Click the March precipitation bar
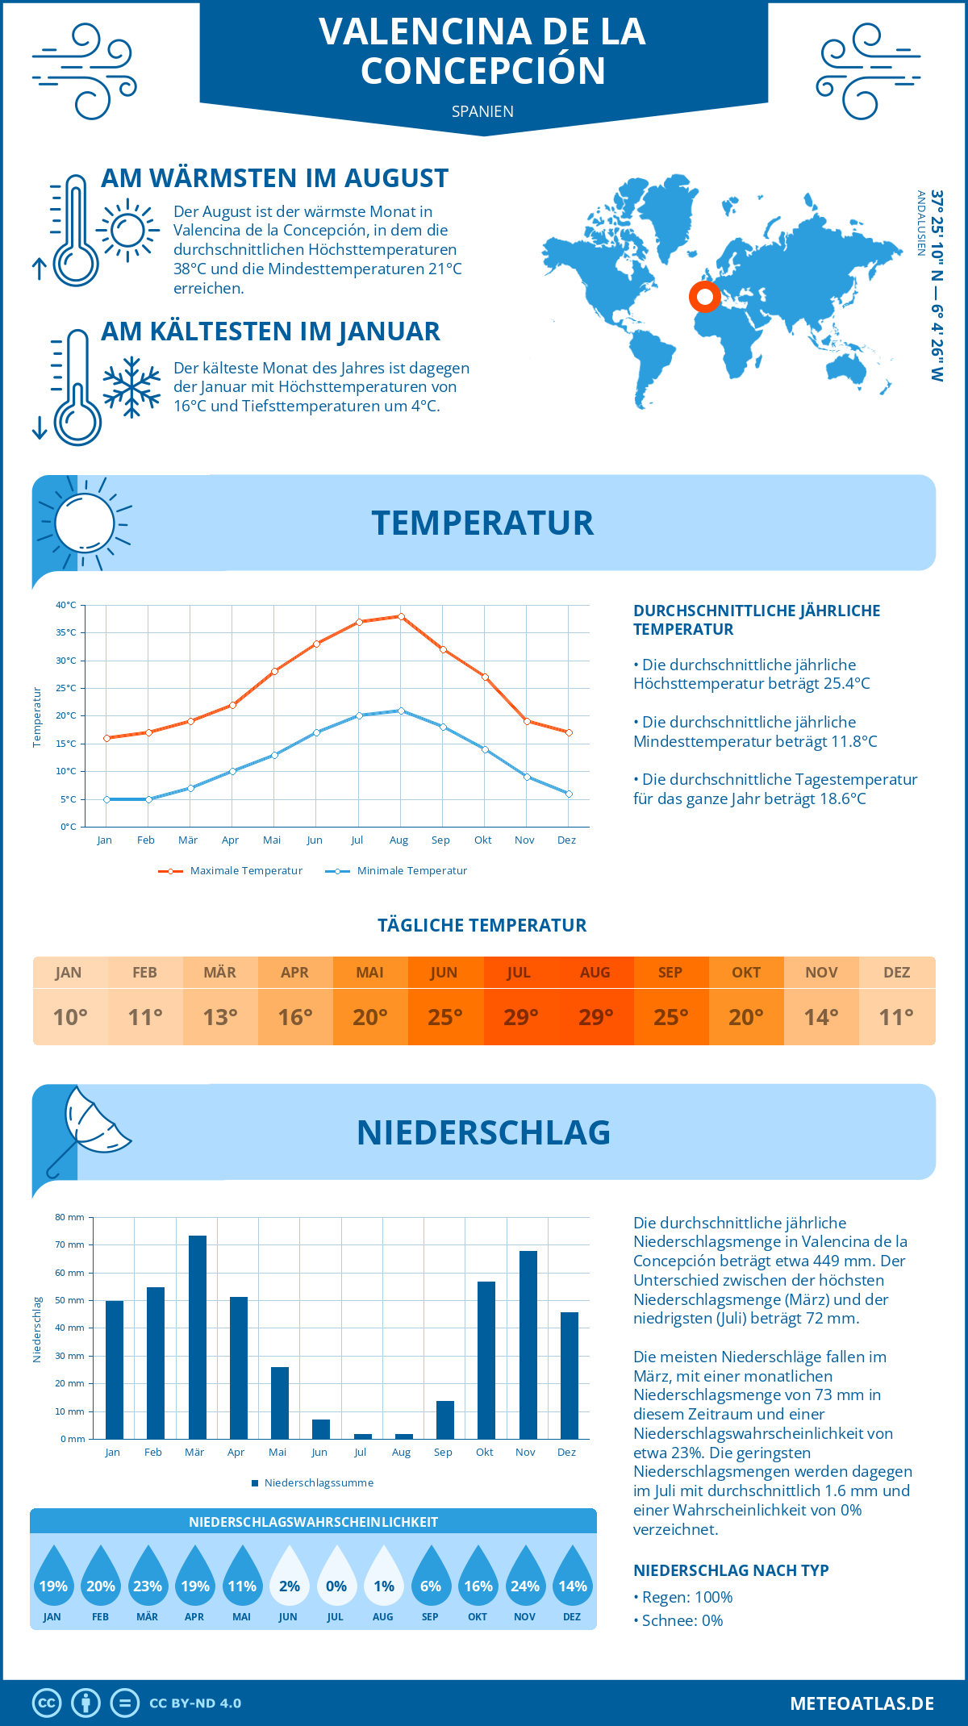tap(197, 1337)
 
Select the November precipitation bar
tap(528, 1345)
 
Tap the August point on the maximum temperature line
tap(401, 616)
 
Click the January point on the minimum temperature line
tap(106, 799)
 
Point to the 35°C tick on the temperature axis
tap(66, 632)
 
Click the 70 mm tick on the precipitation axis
tap(70, 1244)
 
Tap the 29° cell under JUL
tap(520, 1017)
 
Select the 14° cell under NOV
tap(821, 1017)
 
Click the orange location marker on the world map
tap(704, 297)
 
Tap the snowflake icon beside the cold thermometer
tap(131, 387)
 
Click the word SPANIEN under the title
tap(482, 111)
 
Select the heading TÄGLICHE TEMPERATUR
tap(482, 925)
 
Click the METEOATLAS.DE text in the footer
tap(862, 1703)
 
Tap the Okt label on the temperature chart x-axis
tap(482, 840)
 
